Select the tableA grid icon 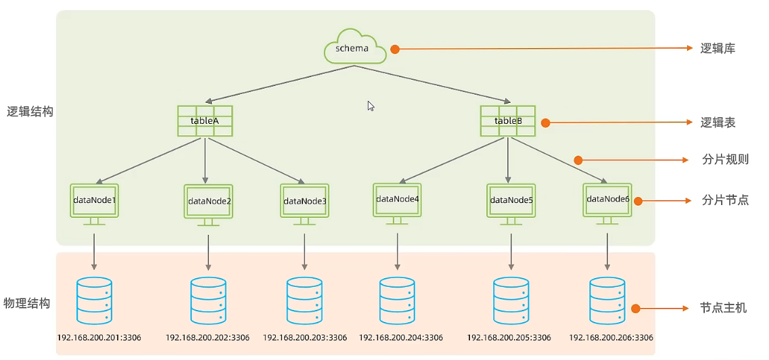[x=205, y=121]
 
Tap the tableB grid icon [x=508, y=120]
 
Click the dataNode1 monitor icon [x=95, y=200]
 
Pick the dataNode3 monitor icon [x=304, y=201]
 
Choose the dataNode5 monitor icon [x=511, y=200]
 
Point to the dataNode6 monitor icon [x=607, y=200]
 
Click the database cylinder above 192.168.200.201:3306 [x=94, y=300]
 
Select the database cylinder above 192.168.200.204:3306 [x=396, y=300]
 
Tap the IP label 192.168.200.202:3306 [x=208, y=338]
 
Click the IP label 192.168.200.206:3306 [x=611, y=338]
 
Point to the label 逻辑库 [x=718, y=49]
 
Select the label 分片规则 [x=725, y=160]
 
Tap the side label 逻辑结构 [x=30, y=112]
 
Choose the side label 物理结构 [x=27, y=303]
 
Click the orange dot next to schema [x=395, y=49]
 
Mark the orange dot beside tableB [x=545, y=123]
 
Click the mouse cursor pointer [x=371, y=106]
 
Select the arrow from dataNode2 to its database [x=208, y=246]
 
